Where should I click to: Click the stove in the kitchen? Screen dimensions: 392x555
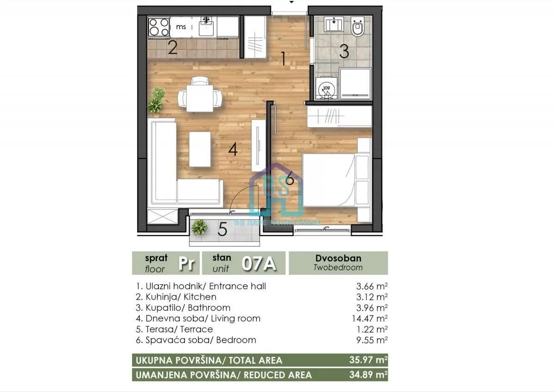[159, 27]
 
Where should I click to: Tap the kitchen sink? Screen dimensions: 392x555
[206, 27]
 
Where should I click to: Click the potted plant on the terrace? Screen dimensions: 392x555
[199, 227]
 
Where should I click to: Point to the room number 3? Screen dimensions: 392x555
[344, 51]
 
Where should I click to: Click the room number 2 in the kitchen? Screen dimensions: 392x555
[173, 48]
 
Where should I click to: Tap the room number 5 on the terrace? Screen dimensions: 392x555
[222, 229]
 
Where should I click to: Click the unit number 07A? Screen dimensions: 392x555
[259, 264]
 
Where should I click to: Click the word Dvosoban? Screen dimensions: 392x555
[338, 259]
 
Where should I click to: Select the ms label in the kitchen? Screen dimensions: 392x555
[181, 27]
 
